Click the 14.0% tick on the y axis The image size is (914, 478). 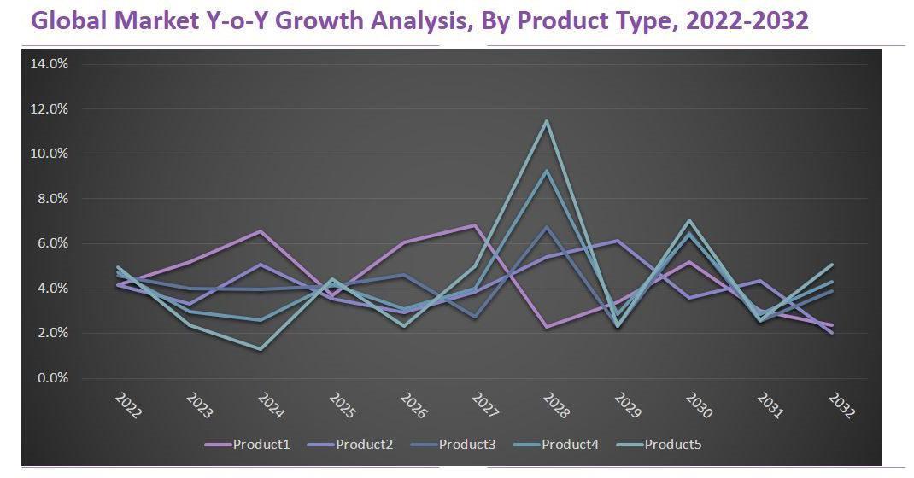50,64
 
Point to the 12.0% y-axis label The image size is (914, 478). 50,109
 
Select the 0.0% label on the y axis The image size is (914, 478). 51,378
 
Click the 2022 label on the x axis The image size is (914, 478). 127,406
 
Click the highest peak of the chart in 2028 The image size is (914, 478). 547,120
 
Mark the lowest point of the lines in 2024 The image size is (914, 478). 261,348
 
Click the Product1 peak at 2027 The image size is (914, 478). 475,225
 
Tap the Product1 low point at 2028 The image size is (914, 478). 547,327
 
